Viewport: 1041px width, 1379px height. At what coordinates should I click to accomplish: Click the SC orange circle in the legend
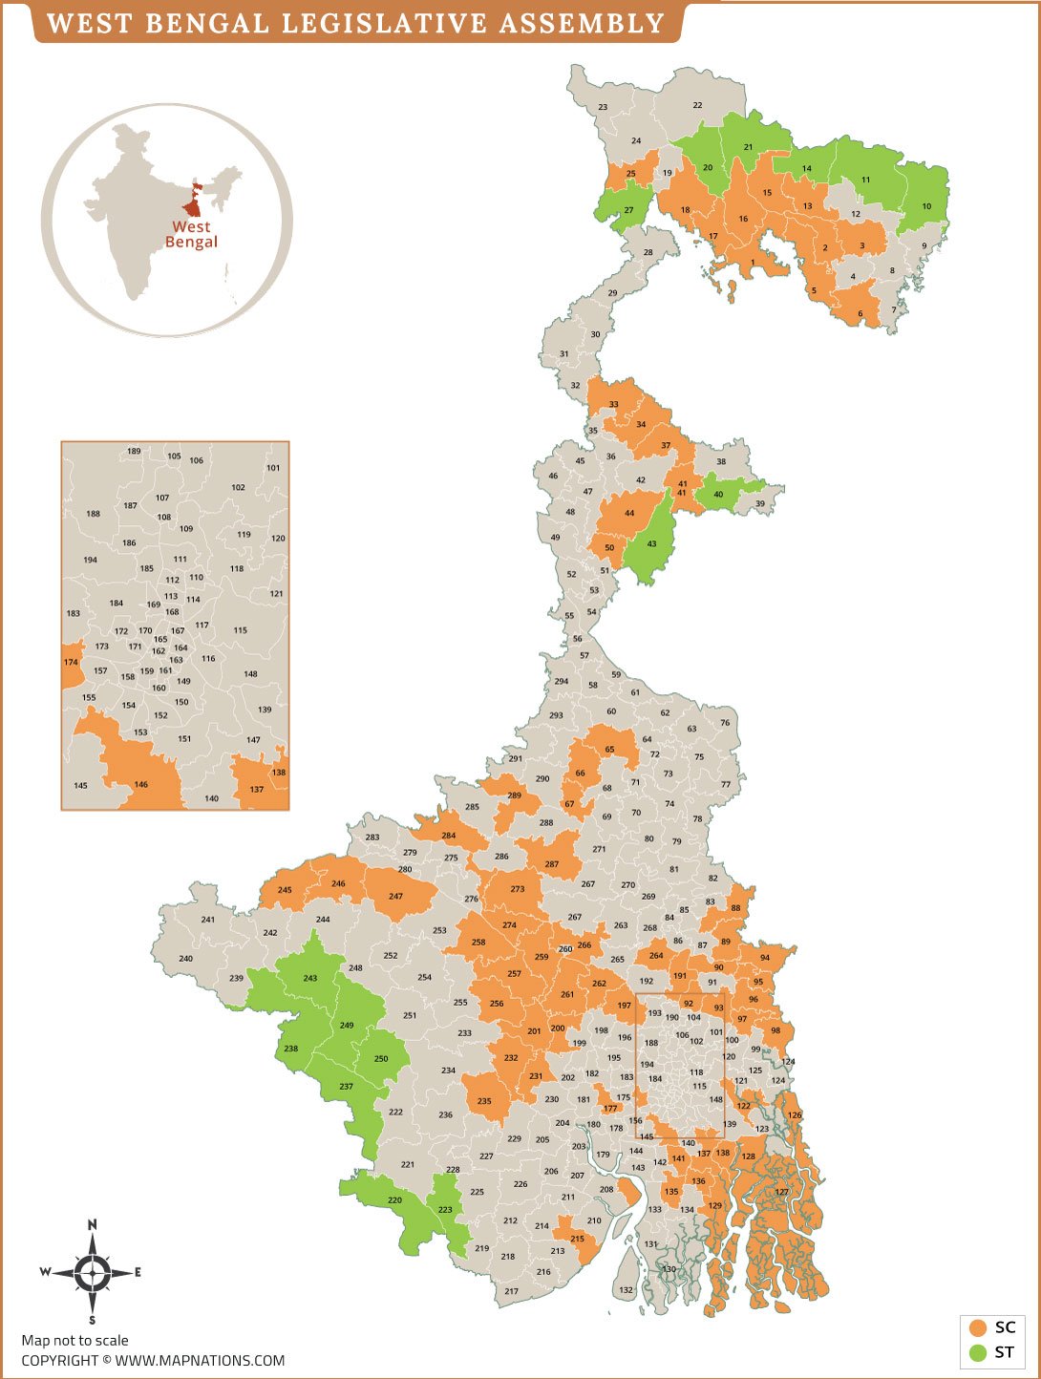click(x=977, y=1327)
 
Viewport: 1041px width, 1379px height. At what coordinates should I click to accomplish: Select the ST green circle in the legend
click(x=977, y=1352)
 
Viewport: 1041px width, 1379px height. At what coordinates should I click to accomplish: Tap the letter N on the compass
click(x=93, y=1224)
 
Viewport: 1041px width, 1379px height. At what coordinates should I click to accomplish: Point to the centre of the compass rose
click(x=93, y=1272)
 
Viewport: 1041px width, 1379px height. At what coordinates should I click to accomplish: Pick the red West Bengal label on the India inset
click(x=191, y=234)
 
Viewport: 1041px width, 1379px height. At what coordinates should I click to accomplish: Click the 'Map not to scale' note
click(x=74, y=1340)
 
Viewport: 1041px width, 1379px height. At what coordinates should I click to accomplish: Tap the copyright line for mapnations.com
click(x=153, y=1360)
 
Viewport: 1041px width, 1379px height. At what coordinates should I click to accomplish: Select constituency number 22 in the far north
click(x=697, y=105)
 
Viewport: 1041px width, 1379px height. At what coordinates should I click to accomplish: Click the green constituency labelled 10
click(x=926, y=206)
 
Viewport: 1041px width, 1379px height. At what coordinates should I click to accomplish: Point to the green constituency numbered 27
click(x=628, y=210)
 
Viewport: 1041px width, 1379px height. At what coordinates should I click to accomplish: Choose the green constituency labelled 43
click(x=651, y=544)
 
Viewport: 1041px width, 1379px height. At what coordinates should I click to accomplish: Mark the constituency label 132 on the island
click(x=626, y=1289)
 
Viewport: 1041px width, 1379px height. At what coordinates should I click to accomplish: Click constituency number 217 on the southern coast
click(x=511, y=1291)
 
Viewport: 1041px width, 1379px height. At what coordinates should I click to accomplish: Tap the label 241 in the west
click(x=208, y=920)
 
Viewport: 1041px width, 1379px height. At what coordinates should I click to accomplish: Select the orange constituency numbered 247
click(x=395, y=897)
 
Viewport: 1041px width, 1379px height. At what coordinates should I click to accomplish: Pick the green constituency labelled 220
click(x=394, y=1199)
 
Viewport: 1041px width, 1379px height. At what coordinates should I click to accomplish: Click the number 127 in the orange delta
click(x=782, y=1192)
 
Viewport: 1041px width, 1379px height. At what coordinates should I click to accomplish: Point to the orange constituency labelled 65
click(x=609, y=750)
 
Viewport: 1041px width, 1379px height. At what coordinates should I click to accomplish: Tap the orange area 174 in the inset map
click(x=71, y=663)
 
